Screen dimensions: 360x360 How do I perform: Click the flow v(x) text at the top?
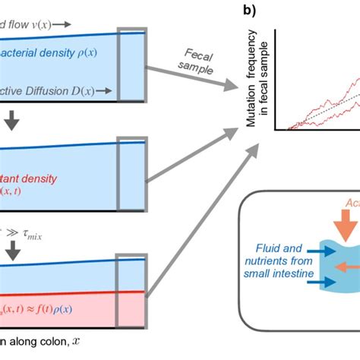[x=34, y=24]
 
